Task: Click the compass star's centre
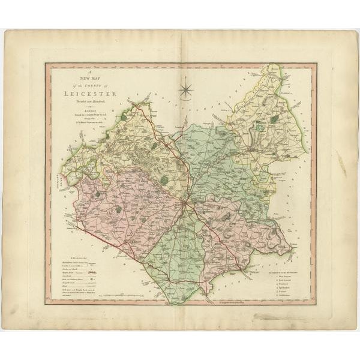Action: (186, 90)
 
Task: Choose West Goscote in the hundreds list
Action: (285, 276)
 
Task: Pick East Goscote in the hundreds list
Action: (285, 281)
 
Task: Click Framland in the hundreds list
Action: (284, 286)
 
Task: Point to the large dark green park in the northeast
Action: (275, 119)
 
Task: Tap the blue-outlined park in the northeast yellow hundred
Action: (259, 127)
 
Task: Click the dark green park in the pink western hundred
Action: (118, 209)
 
